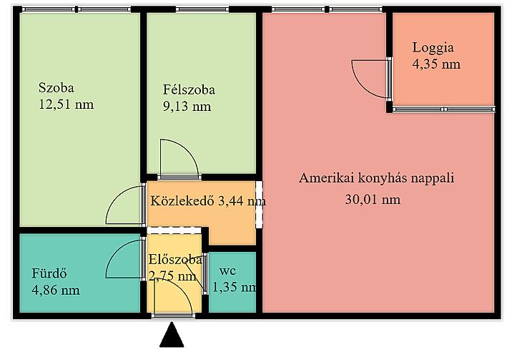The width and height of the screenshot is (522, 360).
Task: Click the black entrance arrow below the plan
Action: (172, 335)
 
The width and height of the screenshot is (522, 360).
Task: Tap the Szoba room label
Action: (56, 87)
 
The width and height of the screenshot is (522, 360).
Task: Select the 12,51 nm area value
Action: (67, 104)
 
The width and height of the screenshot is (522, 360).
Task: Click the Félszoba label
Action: (189, 89)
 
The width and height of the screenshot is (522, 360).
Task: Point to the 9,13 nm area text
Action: (187, 107)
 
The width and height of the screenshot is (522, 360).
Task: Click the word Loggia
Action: (433, 48)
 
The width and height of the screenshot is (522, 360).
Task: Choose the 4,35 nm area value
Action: (436, 64)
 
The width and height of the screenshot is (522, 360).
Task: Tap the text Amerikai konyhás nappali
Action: (377, 178)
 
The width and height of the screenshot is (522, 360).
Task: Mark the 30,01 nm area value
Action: (373, 200)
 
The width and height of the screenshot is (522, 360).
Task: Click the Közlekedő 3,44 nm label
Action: (208, 201)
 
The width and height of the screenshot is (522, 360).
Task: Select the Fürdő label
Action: (49, 273)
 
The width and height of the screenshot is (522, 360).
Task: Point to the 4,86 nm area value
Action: (56, 290)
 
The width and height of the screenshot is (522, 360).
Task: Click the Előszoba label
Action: (175, 259)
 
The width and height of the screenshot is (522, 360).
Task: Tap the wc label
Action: (227, 271)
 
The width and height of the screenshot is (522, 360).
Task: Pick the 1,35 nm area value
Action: (235, 287)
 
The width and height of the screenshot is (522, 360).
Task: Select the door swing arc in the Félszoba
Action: (189, 149)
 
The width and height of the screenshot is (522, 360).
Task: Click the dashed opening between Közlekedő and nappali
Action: (260, 205)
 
